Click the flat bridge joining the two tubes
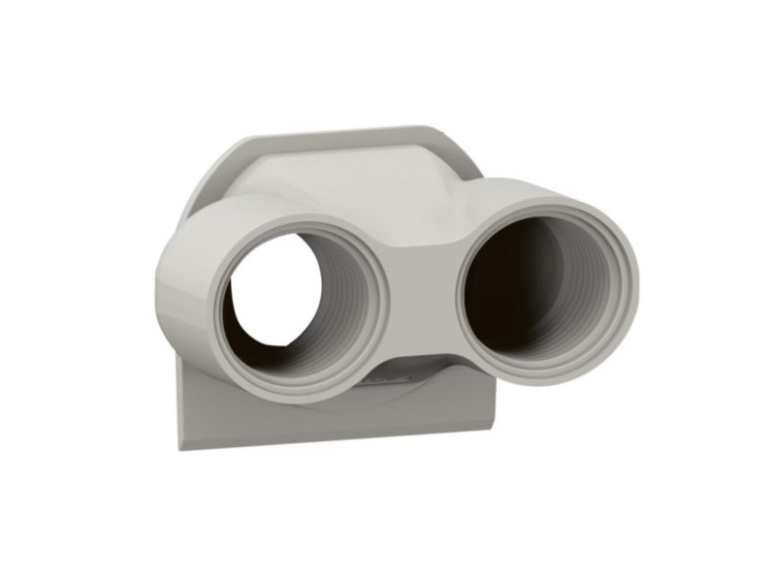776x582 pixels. click(x=422, y=291)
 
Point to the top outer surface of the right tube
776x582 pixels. click(x=543, y=189)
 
